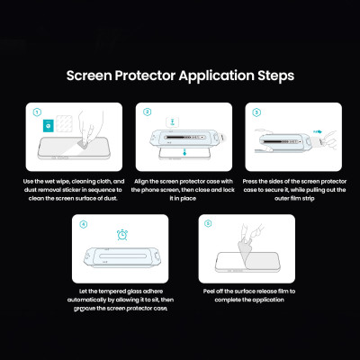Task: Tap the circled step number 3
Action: [256, 114]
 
